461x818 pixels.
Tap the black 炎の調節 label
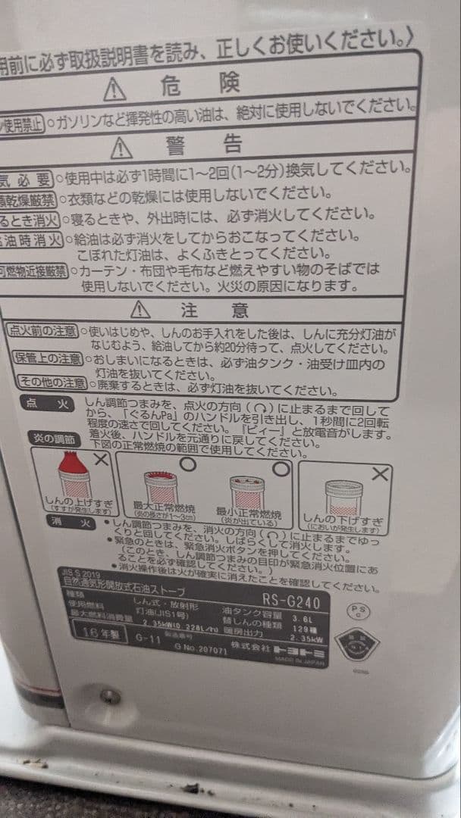53,438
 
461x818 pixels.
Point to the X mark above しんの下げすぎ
381,474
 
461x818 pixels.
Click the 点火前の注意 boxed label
43,330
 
